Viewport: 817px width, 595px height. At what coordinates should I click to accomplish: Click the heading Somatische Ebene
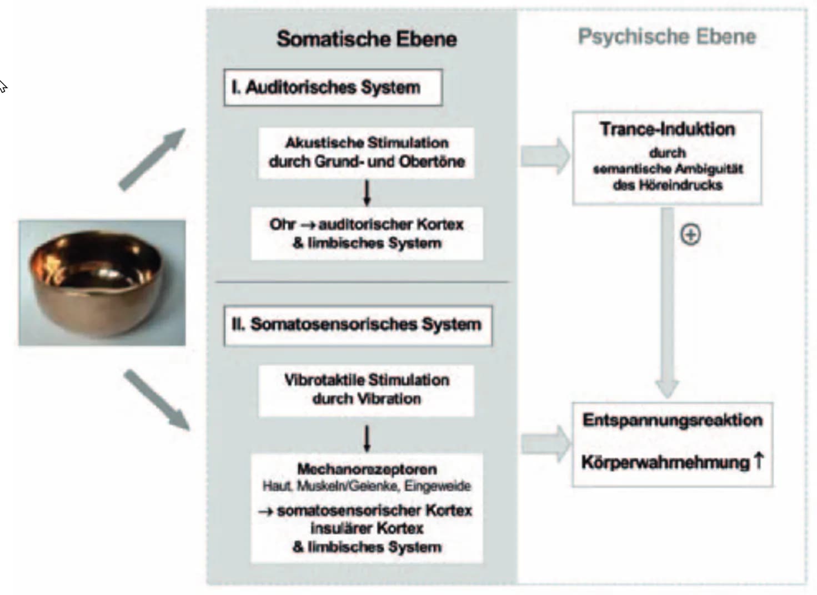[x=367, y=39]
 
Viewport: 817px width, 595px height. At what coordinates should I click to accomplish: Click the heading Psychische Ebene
[x=667, y=37]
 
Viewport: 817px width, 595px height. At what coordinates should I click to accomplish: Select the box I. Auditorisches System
[x=333, y=88]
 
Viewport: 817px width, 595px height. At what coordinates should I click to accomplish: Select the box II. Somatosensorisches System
[x=358, y=326]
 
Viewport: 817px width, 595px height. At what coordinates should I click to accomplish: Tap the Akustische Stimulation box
[x=367, y=153]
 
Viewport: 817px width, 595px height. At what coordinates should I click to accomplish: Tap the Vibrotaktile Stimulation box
[x=367, y=391]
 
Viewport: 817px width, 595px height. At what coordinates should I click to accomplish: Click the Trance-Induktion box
[x=667, y=158]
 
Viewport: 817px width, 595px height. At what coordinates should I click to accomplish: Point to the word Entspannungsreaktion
[x=673, y=420]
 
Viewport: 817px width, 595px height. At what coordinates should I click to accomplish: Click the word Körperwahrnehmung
[x=665, y=462]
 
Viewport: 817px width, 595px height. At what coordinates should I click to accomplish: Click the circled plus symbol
[x=690, y=234]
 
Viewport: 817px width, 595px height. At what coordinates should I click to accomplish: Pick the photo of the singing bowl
[x=102, y=283]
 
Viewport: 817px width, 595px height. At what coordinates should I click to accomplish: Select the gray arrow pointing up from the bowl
[x=152, y=159]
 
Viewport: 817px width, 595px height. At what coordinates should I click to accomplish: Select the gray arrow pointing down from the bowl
[x=157, y=400]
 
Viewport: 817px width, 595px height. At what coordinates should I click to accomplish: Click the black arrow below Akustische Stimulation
[x=367, y=193]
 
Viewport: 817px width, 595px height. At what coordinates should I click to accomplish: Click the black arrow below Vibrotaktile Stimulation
[x=367, y=438]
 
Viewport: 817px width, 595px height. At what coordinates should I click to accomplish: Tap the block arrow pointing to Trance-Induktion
[x=545, y=156]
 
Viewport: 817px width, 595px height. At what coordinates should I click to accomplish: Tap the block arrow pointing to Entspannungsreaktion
[x=545, y=444]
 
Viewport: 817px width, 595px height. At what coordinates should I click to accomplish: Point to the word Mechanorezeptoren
[x=367, y=469]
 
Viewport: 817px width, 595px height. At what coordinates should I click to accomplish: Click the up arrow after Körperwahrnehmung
[x=759, y=460]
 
